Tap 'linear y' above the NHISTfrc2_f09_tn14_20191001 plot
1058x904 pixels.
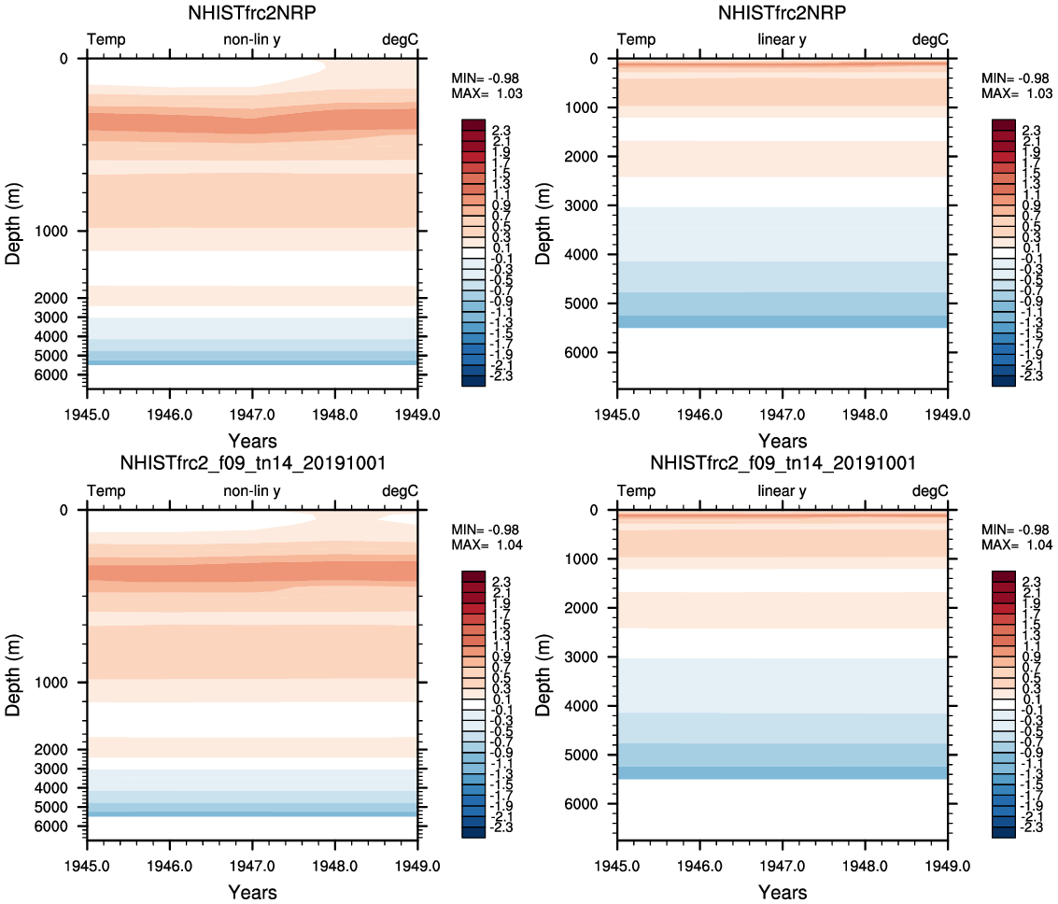(x=782, y=491)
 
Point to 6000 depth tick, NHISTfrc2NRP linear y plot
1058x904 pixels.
(x=589, y=353)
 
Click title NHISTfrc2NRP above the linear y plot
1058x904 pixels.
(x=782, y=13)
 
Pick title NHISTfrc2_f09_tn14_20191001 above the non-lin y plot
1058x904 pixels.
(x=252, y=463)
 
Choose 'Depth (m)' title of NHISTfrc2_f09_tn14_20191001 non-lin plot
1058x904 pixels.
(x=14, y=669)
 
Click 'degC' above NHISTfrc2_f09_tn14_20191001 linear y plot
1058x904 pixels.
(x=930, y=491)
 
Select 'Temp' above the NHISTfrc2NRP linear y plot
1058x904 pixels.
(x=636, y=40)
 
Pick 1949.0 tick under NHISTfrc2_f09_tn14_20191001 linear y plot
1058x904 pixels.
(x=948, y=864)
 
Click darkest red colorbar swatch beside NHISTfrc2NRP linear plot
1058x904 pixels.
(x=1004, y=125)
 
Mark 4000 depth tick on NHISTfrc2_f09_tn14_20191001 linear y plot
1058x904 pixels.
(x=589, y=706)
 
